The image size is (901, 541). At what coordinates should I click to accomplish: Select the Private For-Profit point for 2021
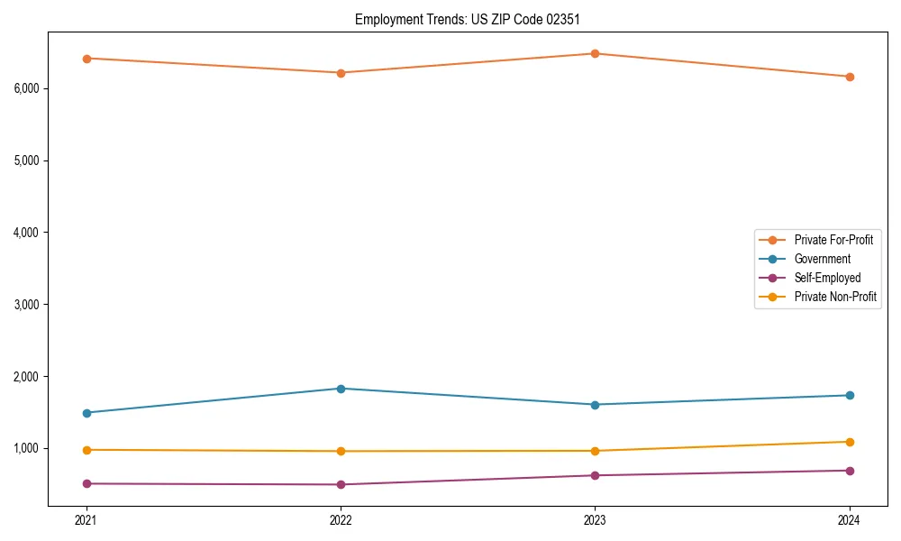click(x=86, y=59)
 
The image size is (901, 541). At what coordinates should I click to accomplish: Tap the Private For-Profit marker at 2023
click(x=595, y=53)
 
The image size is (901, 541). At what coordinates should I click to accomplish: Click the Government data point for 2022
click(x=341, y=389)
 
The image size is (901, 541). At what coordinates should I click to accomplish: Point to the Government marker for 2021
click(x=86, y=413)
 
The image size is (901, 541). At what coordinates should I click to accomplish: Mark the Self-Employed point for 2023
click(x=595, y=475)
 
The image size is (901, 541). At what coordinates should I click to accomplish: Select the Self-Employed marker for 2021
click(x=86, y=483)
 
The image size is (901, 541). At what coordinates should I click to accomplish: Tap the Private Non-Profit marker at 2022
click(x=341, y=451)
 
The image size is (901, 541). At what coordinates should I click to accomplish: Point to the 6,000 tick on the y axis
click(x=25, y=88)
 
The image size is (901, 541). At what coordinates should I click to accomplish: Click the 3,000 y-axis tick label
click(x=25, y=304)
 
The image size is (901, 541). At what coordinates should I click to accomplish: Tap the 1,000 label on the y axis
click(x=25, y=448)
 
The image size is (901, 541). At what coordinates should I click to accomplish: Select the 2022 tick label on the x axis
click(x=341, y=520)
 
